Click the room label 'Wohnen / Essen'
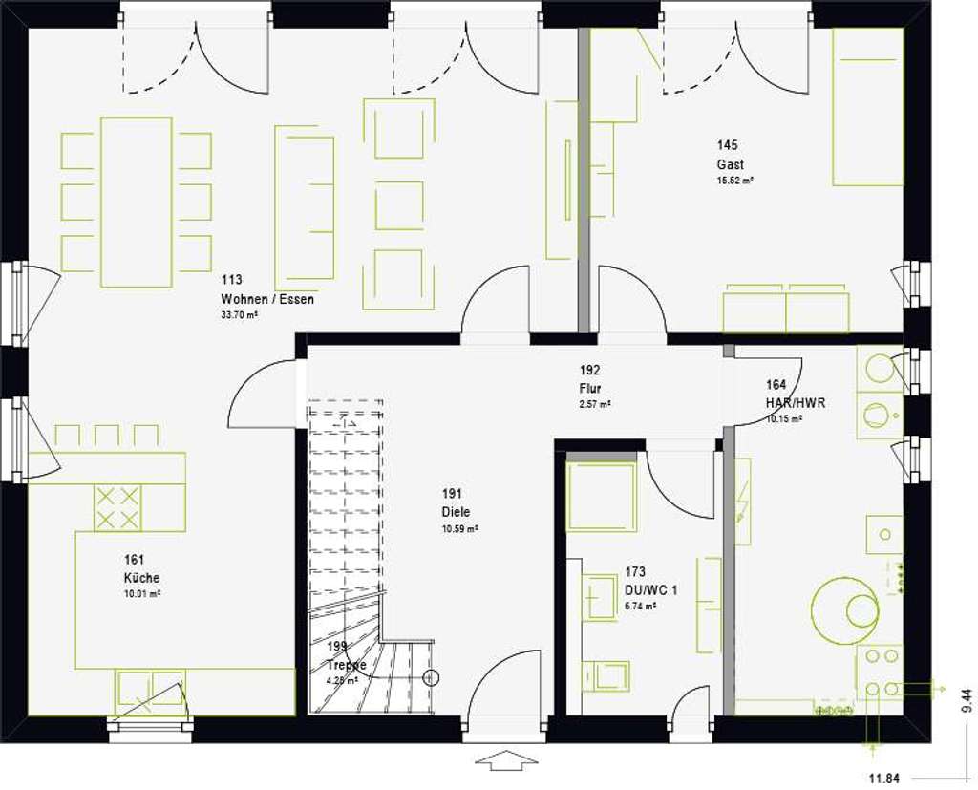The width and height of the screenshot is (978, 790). (266, 299)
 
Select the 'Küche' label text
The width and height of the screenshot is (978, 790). (141, 578)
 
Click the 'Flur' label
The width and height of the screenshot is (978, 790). (589, 388)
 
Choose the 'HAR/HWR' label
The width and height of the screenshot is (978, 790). (795, 403)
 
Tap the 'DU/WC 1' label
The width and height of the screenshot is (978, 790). (650, 590)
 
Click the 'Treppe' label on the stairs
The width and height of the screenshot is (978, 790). (346, 665)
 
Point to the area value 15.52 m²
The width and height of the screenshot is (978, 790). (735, 180)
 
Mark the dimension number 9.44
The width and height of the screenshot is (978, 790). (966, 702)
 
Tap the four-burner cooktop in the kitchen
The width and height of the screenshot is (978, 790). (117, 506)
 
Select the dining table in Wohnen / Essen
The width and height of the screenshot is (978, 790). (136, 202)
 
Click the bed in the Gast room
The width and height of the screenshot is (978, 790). (867, 106)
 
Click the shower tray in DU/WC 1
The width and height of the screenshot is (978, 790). (602, 496)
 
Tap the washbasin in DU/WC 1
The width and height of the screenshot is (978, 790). (601, 598)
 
